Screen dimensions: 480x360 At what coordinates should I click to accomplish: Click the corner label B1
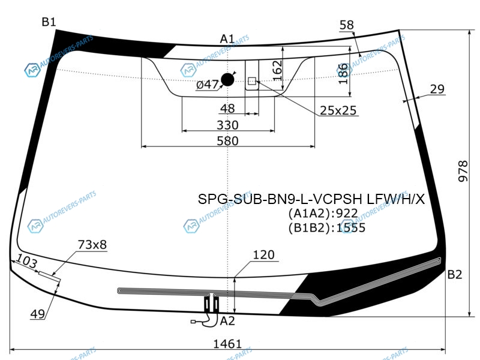click(49, 22)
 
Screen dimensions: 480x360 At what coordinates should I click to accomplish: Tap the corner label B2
click(455, 275)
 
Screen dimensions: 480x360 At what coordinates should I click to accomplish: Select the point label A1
click(227, 39)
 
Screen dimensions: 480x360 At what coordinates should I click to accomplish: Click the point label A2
click(227, 321)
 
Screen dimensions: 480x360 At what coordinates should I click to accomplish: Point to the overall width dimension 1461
click(227, 344)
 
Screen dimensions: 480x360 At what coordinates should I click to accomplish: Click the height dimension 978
click(463, 171)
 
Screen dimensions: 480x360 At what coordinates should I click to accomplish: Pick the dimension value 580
click(227, 141)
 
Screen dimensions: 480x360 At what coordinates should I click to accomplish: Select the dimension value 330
click(227, 125)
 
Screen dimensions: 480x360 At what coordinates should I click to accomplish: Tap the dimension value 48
click(227, 109)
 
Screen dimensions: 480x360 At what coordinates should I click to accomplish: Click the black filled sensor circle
click(227, 80)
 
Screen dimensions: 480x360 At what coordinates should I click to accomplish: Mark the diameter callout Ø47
click(207, 85)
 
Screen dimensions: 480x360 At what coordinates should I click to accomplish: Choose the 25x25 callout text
click(338, 110)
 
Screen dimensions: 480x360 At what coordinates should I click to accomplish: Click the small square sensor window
click(252, 81)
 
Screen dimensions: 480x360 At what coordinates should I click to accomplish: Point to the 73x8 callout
click(92, 245)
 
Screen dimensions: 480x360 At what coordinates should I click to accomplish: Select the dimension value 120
click(264, 254)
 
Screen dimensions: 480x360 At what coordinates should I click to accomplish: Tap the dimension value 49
click(38, 314)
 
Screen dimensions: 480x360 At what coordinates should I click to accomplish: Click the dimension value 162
click(277, 70)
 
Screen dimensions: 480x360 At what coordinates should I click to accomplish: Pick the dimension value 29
click(437, 89)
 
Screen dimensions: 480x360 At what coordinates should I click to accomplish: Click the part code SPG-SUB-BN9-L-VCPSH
click(280, 199)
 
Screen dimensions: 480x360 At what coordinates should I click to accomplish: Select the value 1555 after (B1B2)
click(351, 228)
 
